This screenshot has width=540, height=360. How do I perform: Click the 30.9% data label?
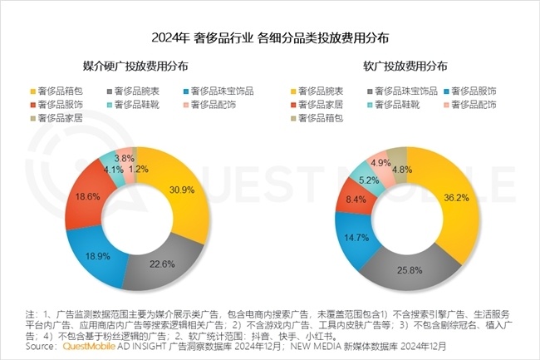[183, 190]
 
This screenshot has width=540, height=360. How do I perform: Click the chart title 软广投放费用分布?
[405, 65]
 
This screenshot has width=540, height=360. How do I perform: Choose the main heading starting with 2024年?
[270, 38]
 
